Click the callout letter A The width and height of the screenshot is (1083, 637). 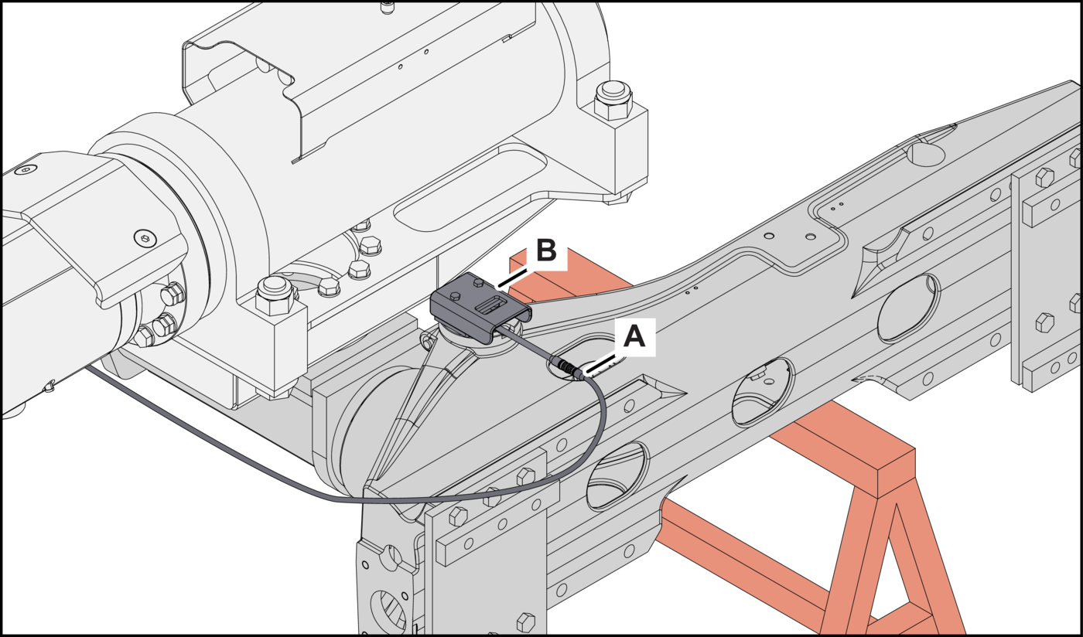click(x=634, y=337)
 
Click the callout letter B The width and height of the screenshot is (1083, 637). click(x=545, y=250)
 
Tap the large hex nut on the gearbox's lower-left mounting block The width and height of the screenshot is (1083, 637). click(x=272, y=294)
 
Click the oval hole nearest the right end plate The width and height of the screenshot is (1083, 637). click(x=908, y=307)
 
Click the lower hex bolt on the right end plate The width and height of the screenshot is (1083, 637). click(x=1044, y=322)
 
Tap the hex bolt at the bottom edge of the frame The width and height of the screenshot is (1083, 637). click(x=525, y=621)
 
